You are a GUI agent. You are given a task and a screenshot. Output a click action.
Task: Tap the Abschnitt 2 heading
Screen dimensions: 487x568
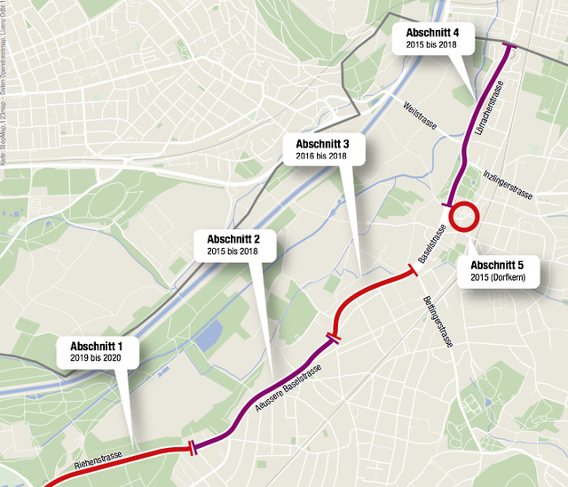point(233,239)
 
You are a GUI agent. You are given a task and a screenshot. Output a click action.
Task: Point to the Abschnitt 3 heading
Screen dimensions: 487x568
point(322,143)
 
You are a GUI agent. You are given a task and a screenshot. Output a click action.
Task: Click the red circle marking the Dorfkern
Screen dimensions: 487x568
point(464,216)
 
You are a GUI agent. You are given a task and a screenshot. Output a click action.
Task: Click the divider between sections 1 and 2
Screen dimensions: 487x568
point(192,449)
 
